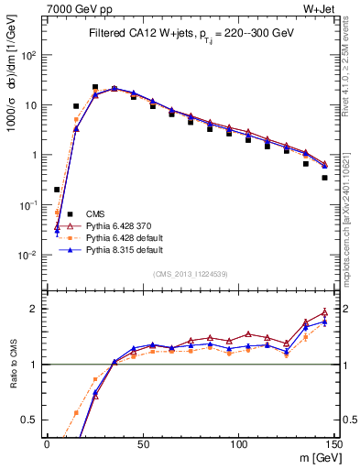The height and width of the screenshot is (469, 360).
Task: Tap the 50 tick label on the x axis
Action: point(142,443)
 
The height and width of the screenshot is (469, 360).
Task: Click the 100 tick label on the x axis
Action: point(238,443)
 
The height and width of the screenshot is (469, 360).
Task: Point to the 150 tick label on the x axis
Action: point(333,443)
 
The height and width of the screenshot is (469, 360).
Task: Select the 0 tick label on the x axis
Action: point(47,443)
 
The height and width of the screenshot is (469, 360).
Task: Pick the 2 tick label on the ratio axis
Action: point(35,309)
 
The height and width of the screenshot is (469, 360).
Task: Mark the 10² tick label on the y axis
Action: point(29,55)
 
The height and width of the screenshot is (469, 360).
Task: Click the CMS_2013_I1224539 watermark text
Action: point(190,273)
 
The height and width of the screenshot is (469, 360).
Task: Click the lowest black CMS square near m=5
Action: point(57,190)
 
